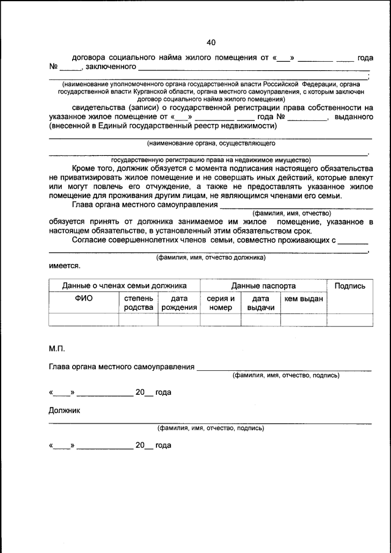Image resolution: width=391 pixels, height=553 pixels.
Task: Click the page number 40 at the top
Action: (211, 42)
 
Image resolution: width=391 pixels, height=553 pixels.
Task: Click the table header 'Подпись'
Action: (350, 285)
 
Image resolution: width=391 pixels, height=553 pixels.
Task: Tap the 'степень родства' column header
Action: (139, 303)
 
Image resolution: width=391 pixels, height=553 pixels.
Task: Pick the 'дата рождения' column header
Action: (178, 303)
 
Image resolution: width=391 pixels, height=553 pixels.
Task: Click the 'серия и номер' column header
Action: (221, 303)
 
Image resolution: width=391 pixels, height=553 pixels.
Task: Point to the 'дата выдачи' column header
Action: (261, 303)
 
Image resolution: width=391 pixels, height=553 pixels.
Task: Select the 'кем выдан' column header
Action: (304, 298)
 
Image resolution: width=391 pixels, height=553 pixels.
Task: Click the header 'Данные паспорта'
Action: (263, 285)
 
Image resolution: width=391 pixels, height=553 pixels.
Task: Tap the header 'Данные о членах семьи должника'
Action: (124, 285)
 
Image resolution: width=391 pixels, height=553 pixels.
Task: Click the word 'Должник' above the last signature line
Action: (64, 410)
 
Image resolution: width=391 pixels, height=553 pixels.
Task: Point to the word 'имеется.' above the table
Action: (64, 266)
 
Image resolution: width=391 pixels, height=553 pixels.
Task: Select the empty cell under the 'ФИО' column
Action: (83, 320)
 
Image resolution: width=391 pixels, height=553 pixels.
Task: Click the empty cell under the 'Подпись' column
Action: (350, 320)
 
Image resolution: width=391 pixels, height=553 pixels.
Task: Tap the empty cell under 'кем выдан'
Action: (304, 320)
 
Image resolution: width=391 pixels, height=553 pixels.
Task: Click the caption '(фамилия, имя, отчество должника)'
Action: (211, 258)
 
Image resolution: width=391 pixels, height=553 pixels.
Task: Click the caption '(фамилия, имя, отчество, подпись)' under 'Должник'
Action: (211, 428)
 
